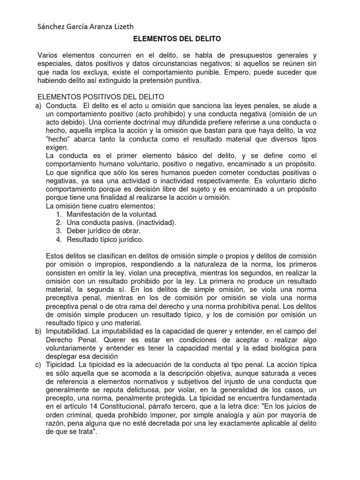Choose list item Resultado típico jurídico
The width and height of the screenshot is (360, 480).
pos(105,239)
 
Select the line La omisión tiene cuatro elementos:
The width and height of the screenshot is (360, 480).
pos(99,205)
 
